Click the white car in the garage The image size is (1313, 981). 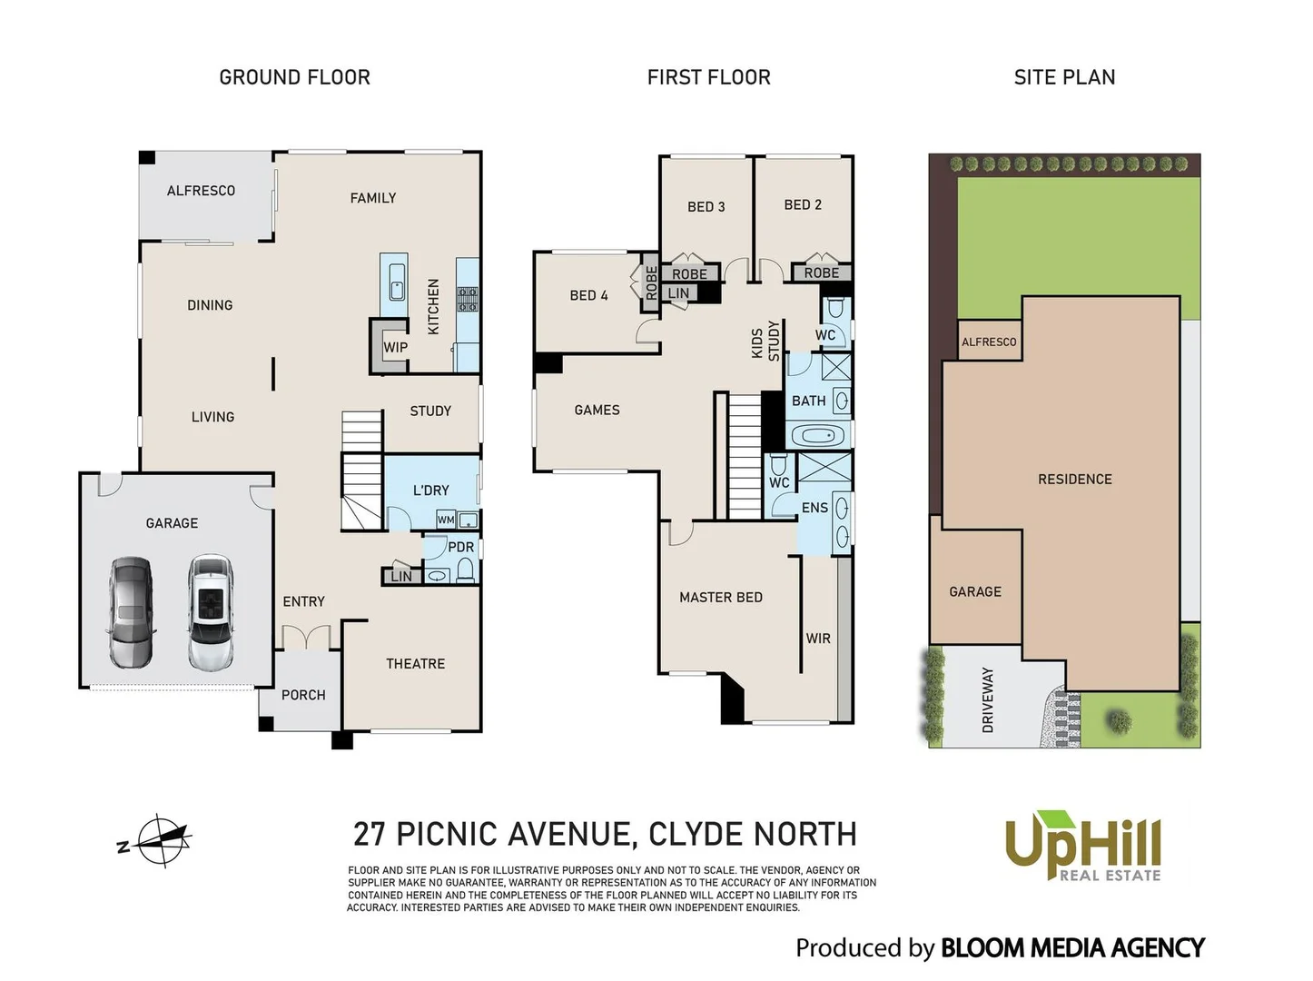[211, 612]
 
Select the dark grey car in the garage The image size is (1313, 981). [132, 612]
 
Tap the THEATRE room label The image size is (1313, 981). [415, 664]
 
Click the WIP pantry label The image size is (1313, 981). [395, 347]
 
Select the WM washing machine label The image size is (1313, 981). [446, 520]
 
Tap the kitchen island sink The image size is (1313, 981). [397, 282]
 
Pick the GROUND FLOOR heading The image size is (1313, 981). [294, 77]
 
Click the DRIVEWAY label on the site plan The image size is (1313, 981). [988, 699]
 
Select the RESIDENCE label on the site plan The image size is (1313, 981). [1074, 479]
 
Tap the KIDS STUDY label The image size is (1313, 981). [765, 342]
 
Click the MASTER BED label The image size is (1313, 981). [720, 597]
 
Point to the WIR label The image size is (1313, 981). [817, 639]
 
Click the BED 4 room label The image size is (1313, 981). [588, 295]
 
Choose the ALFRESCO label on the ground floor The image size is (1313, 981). [201, 191]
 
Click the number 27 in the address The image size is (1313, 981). [370, 834]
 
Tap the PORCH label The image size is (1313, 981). [303, 695]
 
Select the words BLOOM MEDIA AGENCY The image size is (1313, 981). [1071, 948]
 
